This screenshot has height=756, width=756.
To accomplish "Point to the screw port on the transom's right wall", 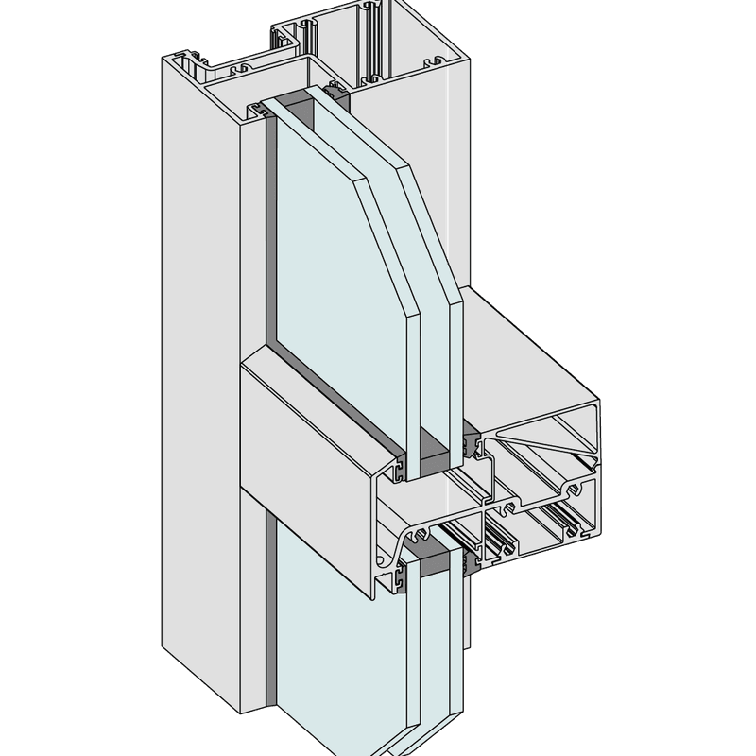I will click(x=571, y=492).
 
